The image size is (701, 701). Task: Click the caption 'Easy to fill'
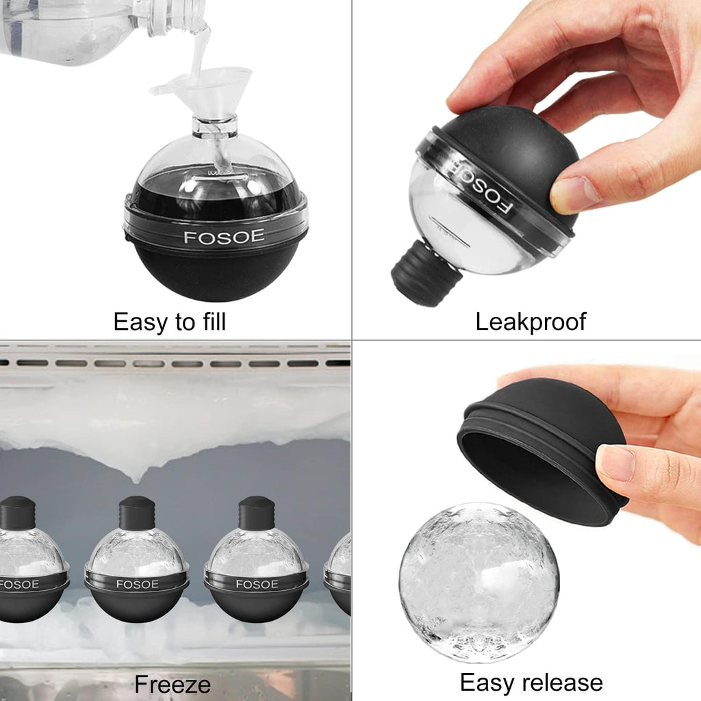169,321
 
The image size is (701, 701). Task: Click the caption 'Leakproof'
531,321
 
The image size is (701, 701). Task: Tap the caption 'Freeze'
173,684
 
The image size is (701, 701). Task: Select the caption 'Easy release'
531,682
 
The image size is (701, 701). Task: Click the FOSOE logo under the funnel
214,238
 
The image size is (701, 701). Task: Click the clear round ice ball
479,582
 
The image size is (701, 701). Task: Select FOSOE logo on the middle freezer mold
137,584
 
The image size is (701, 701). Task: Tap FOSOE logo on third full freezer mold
257,584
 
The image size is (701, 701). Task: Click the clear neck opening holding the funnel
214,127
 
